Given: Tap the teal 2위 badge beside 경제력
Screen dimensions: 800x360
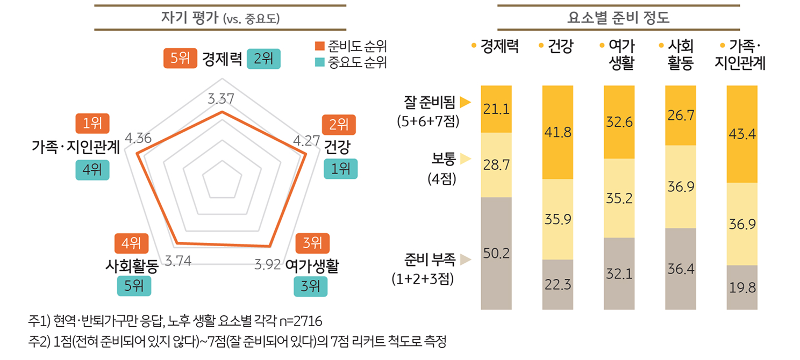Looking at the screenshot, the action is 263,59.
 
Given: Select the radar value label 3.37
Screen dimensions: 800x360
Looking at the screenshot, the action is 220,98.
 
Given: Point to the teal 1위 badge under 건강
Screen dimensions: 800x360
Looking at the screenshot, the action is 340,169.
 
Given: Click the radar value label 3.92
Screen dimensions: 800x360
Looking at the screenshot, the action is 267,264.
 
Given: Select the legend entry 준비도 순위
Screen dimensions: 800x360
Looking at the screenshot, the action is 350,45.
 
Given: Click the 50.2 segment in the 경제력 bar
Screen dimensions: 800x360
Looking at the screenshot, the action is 496,253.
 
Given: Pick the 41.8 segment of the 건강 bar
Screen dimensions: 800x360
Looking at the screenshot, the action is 558,132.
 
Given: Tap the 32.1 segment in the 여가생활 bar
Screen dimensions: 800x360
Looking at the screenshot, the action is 619,273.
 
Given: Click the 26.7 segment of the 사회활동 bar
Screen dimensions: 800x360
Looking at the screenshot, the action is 681,116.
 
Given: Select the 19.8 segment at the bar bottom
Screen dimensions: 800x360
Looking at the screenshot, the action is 742,287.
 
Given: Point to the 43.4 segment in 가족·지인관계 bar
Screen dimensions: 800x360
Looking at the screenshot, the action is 742,134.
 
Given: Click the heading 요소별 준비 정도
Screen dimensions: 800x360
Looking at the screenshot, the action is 618,19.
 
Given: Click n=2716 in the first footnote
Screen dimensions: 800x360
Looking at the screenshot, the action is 302,322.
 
